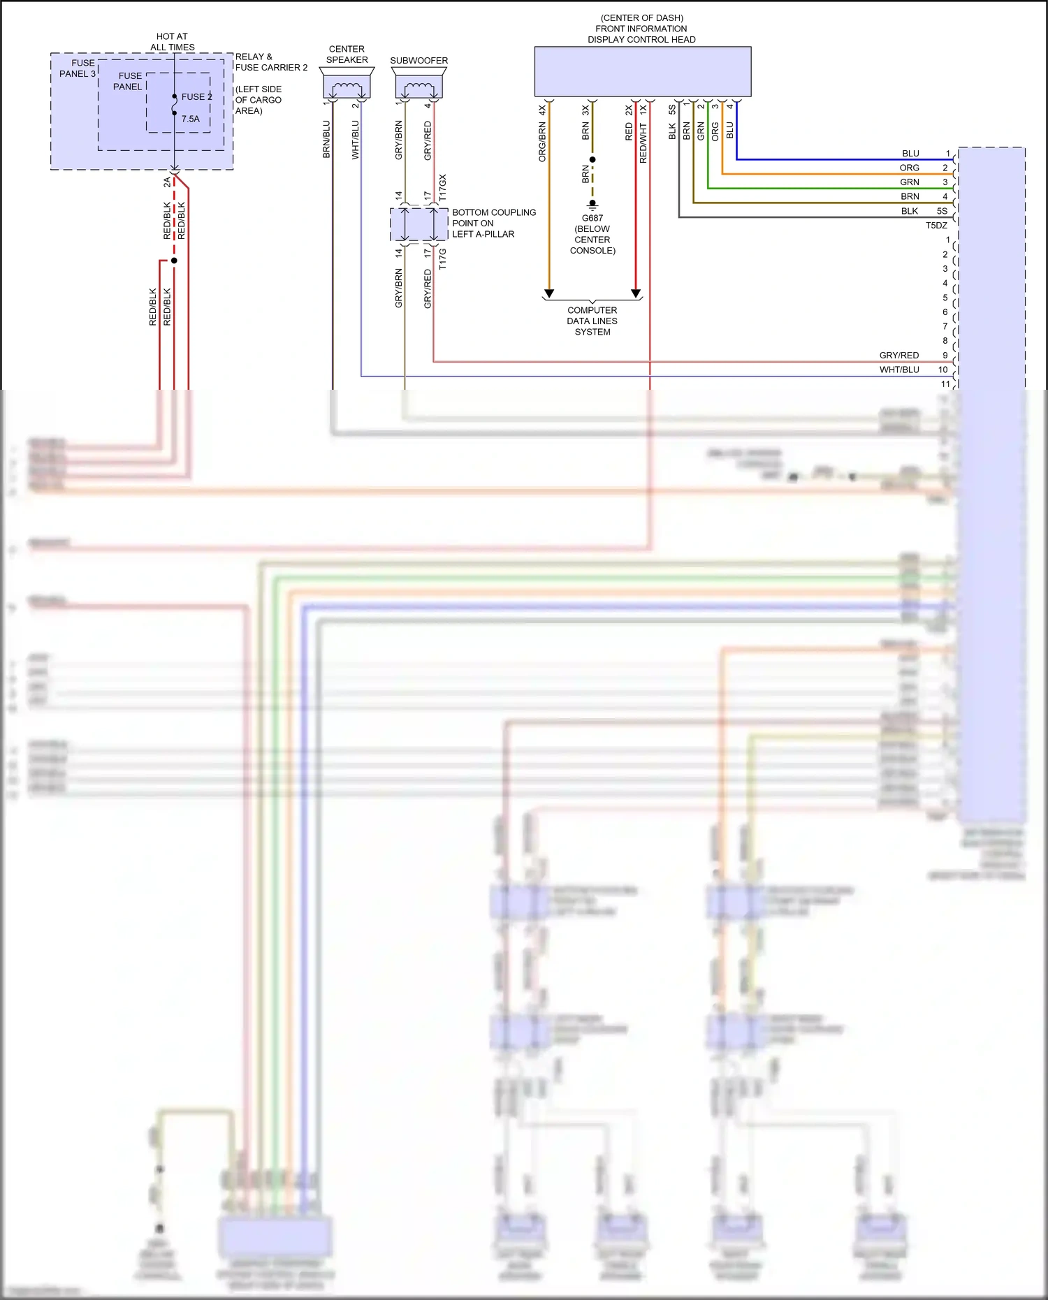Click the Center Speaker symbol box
pos(347,87)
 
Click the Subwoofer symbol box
pos(419,87)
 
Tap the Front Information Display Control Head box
pos(642,71)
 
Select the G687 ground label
pos(592,218)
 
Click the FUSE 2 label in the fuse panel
pos(196,97)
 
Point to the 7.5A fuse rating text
pos(191,119)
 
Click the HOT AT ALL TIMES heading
pos(172,42)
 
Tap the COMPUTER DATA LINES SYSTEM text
pos(592,321)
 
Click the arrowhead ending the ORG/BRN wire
pos(549,293)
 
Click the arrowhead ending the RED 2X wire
pos(636,293)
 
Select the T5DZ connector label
pos(936,226)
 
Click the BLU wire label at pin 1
pos(910,154)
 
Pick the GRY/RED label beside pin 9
pos(898,356)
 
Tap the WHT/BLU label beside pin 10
pos(898,370)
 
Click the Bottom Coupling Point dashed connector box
pos(419,224)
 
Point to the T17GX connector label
pos(442,188)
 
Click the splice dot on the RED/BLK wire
pos(174,261)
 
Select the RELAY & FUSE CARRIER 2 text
pos(271,62)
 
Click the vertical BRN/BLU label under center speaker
pos(326,139)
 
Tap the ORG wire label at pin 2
pos(909,168)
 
